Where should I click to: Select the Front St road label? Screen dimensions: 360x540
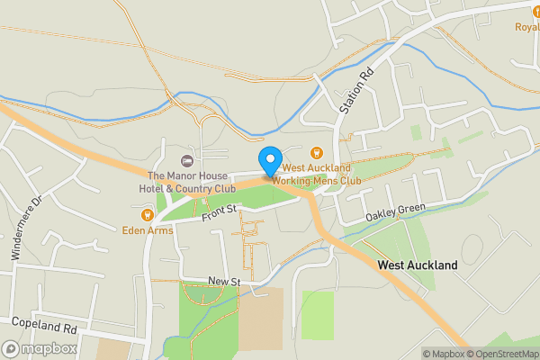click(219, 210)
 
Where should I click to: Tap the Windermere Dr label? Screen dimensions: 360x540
click(25, 229)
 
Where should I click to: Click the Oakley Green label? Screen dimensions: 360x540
click(395, 214)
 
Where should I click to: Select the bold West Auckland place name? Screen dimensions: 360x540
click(418, 265)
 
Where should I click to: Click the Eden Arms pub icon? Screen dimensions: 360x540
click(147, 214)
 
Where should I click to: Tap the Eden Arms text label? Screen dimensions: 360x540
click(148, 229)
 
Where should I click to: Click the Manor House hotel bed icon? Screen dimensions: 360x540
click(187, 160)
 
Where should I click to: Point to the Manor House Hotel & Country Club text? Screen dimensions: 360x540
click(192, 182)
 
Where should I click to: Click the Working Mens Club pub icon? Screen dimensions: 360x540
click(316, 153)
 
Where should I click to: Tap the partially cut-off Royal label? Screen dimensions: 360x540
click(526, 26)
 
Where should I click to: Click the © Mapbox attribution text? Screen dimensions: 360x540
click(443, 354)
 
